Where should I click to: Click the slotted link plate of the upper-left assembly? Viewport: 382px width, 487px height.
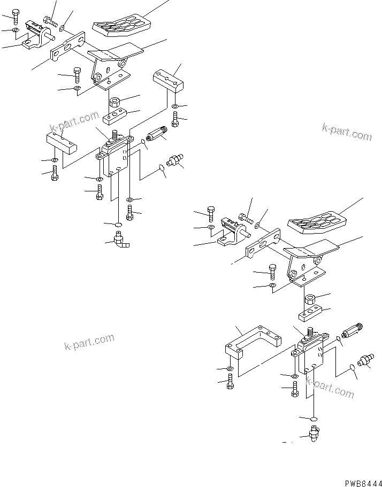[x=68, y=47]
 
